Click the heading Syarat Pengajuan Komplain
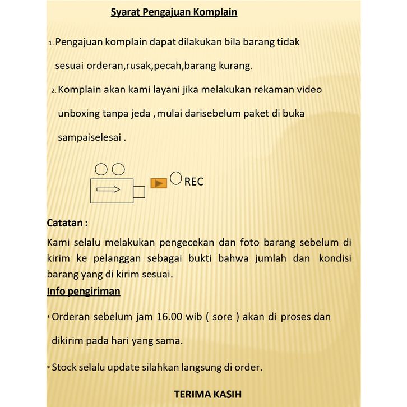pos(174,12)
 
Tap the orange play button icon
pos(159,183)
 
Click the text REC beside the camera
pos(194,182)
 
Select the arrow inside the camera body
pos(109,189)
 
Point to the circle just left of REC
pos(176,178)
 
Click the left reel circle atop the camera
pos(101,169)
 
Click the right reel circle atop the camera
pos(118,169)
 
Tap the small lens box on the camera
pos(139,192)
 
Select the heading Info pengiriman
pos(84,292)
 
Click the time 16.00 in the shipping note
pos(169,316)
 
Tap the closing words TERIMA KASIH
pos(208,394)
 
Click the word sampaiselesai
pos(90,137)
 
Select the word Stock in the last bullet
pos(64,367)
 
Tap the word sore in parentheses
pos(223,316)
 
